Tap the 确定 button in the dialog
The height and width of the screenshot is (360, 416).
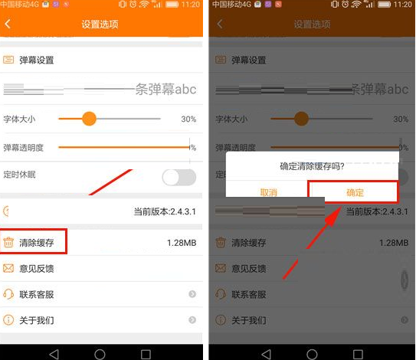(x=355, y=192)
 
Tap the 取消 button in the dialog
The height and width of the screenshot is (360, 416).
(x=268, y=192)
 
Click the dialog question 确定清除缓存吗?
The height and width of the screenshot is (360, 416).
(x=312, y=165)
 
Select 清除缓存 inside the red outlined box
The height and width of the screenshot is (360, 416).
(x=37, y=243)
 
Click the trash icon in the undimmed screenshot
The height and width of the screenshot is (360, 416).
(x=8, y=243)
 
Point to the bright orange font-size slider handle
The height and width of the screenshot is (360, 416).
(x=89, y=119)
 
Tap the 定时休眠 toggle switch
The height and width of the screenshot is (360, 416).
(x=179, y=177)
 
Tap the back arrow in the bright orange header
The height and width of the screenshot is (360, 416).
(x=8, y=25)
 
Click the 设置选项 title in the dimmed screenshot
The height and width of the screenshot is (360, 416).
(x=312, y=25)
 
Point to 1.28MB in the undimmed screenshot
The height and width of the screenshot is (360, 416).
(x=182, y=243)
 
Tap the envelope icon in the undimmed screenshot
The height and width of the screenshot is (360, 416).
(x=8, y=268)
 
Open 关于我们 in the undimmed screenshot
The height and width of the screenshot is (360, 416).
(x=37, y=319)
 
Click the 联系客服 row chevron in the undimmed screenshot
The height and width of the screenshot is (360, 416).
(x=192, y=294)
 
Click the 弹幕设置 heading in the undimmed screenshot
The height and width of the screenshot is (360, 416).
(x=37, y=60)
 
